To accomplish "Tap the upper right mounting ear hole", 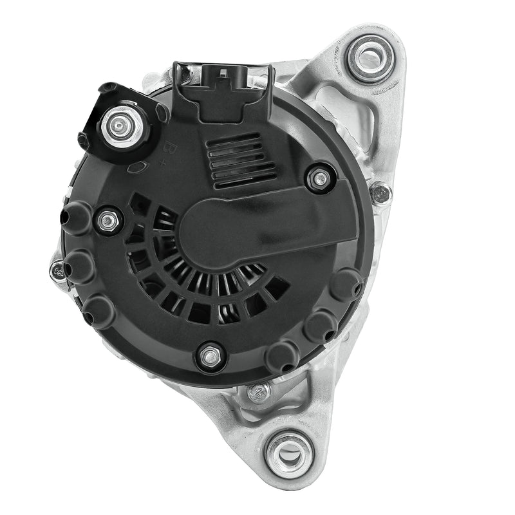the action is (x=370, y=57).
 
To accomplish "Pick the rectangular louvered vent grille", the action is (x=240, y=162).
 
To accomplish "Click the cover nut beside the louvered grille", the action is (x=319, y=179).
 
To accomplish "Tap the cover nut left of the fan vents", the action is (x=108, y=220).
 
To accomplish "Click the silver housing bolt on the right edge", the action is (x=380, y=194).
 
